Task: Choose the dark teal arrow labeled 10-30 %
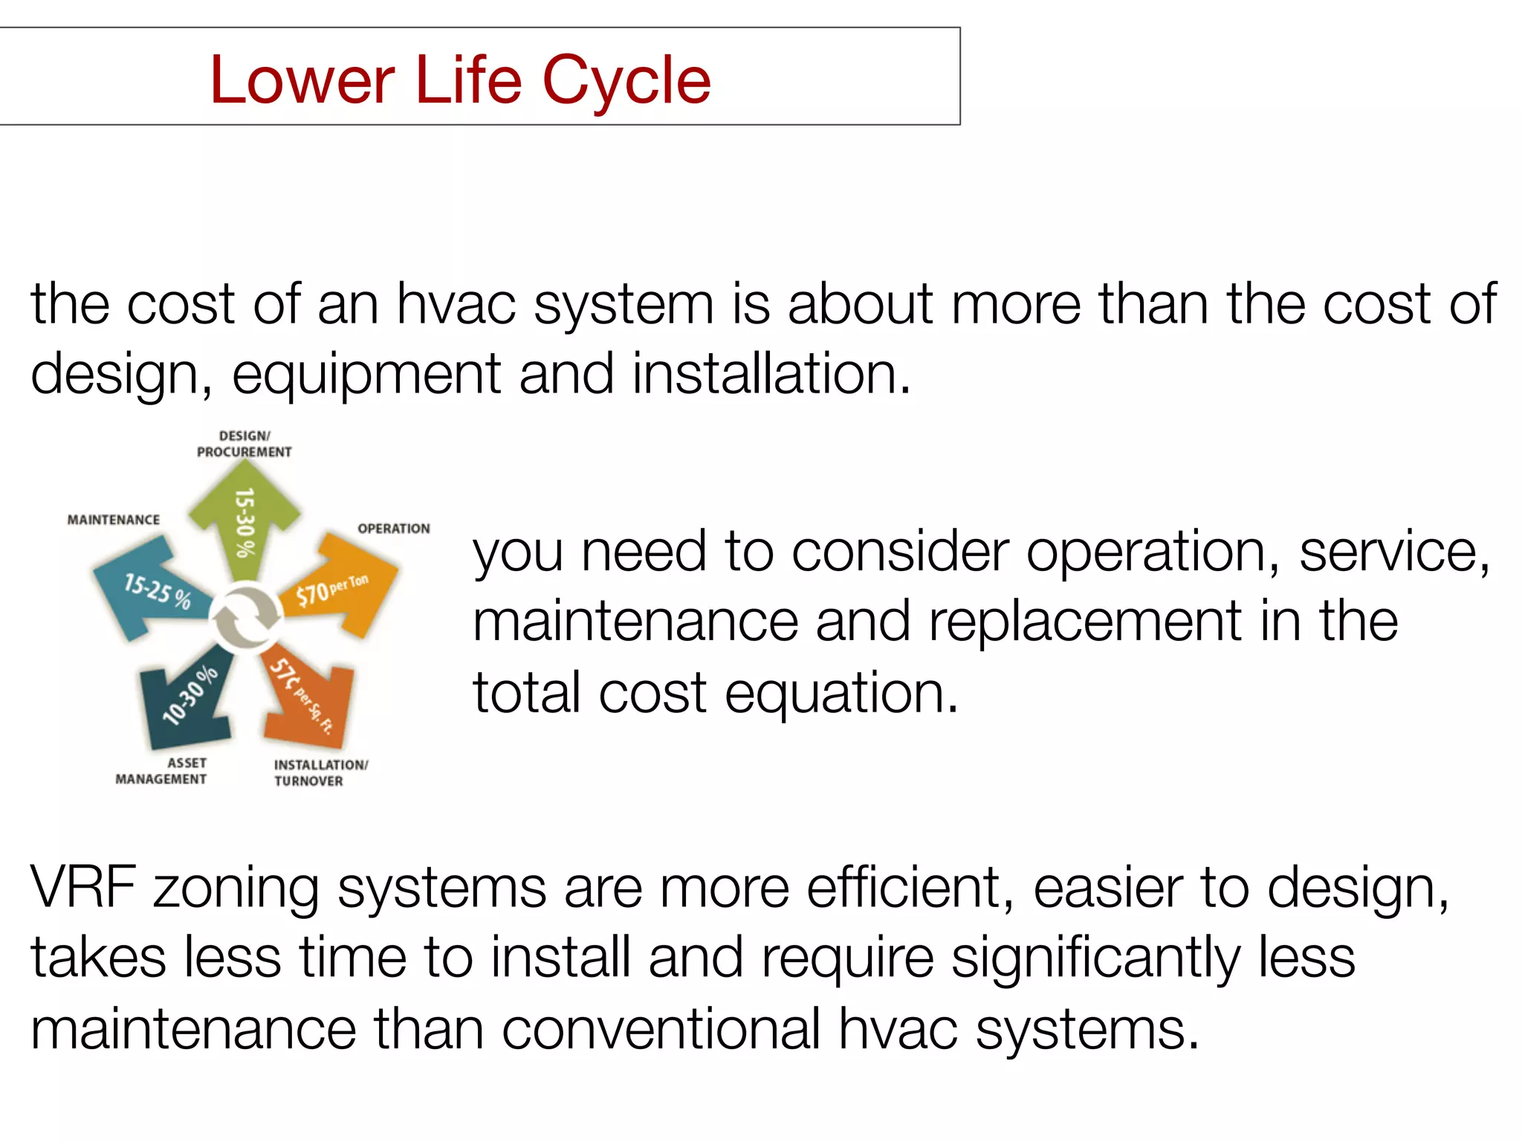click(186, 699)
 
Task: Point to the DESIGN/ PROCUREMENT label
click(245, 444)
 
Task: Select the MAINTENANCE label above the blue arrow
click(114, 520)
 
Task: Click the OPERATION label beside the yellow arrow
click(394, 529)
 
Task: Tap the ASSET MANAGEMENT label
click(161, 771)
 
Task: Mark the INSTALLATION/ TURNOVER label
click(320, 772)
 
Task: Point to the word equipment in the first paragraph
click(366, 374)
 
